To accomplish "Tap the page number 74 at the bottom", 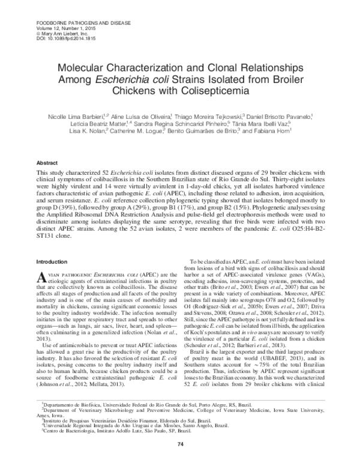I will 179,443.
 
